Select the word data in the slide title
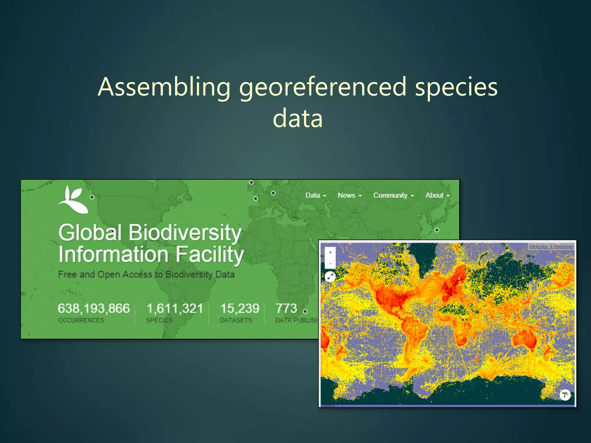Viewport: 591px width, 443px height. click(x=298, y=118)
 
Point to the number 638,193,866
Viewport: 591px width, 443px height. click(x=94, y=308)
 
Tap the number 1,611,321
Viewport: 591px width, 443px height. click(x=175, y=309)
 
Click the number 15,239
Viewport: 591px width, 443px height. click(x=240, y=309)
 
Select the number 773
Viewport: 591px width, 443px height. click(x=286, y=308)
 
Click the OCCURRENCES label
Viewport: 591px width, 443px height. click(x=81, y=320)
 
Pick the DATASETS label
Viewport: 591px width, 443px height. click(x=236, y=320)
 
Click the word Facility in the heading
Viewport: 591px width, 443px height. click(x=210, y=255)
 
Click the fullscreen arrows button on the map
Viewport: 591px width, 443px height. click(x=330, y=277)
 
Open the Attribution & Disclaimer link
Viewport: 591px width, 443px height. click(x=551, y=247)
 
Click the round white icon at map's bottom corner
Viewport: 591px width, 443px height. click(x=565, y=395)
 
